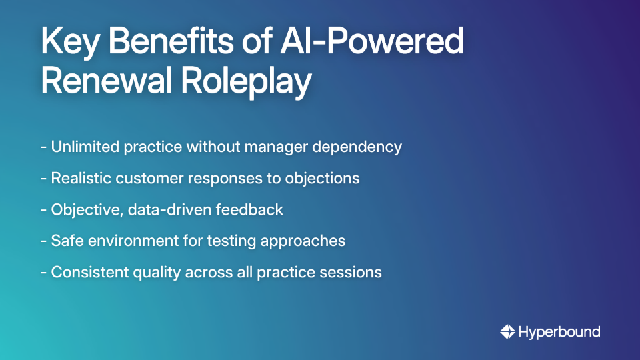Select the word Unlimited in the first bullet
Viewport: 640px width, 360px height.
[x=85, y=147]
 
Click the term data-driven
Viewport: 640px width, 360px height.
[x=156, y=209]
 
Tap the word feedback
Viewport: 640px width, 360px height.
[x=252, y=209]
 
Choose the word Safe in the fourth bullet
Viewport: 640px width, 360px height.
[x=65, y=241]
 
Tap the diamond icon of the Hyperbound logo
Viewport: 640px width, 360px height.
[x=508, y=331]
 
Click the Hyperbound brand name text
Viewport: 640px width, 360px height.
[x=559, y=331]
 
